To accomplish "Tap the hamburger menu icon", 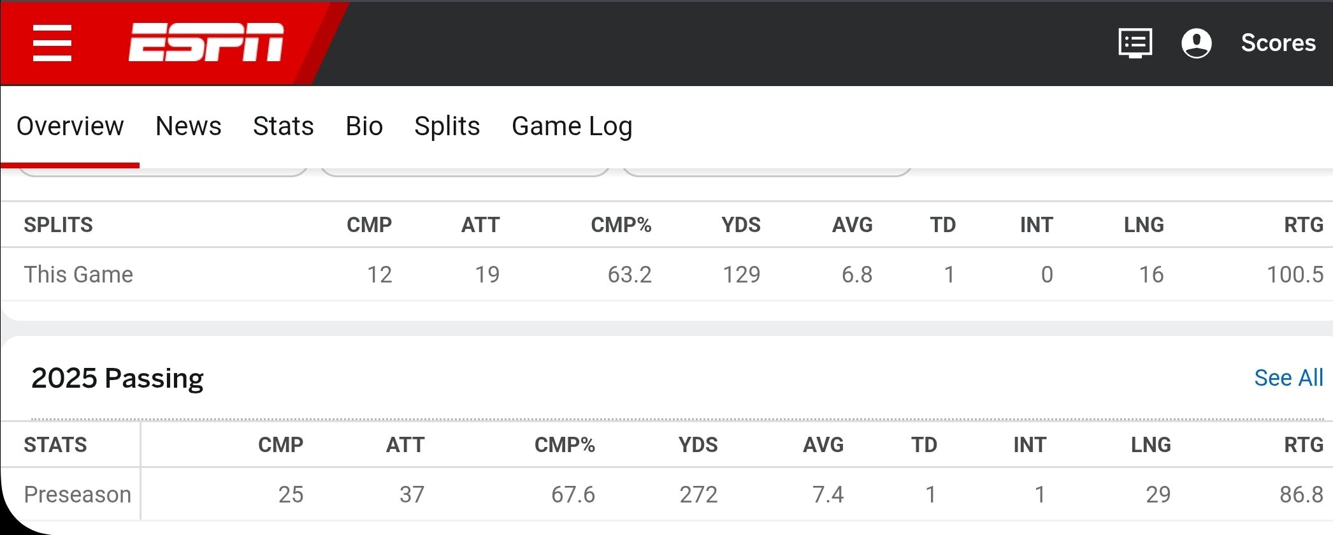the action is (52, 43).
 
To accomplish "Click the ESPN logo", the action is (206, 43).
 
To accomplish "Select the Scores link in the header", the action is (1278, 43).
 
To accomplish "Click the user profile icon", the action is (1196, 43).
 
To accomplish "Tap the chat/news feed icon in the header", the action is (1135, 43).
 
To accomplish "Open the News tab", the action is (189, 126).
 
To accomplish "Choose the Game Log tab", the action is (572, 127).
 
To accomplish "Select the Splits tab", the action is (447, 127).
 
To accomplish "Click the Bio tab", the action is (364, 126).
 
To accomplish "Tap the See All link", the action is (1288, 378).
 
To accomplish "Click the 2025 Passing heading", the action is (117, 378).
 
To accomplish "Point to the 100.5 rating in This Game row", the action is (1295, 275).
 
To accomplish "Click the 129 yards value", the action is (742, 275).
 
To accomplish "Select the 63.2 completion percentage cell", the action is (630, 275).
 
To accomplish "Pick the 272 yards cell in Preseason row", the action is (698, 495).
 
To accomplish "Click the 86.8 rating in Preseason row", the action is (1301, 495).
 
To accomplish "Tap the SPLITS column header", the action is (58, 225).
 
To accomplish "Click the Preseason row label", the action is (77, 495).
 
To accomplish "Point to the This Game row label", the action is (78, 275).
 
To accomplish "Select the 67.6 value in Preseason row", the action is (573, 495).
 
